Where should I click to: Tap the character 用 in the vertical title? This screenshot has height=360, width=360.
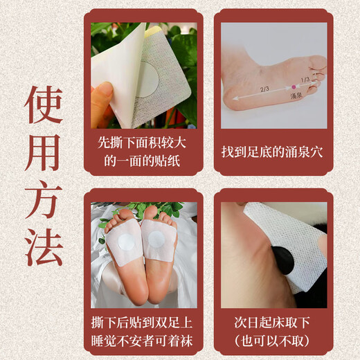pyautogui.click(x=44, y=151)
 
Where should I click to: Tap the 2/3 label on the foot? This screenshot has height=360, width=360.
pyautogui.click(x=265, y=89)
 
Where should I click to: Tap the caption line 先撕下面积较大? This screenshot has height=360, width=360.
pyautogui.click(x=143, y=144)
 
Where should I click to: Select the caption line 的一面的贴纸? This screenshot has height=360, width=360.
pyautogui.click(x=143, y=161)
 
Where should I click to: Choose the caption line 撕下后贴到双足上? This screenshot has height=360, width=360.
pyautogui.click(x=143, y=323)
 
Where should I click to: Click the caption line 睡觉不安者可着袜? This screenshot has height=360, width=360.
pyautogui.click(x=143, y=340)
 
